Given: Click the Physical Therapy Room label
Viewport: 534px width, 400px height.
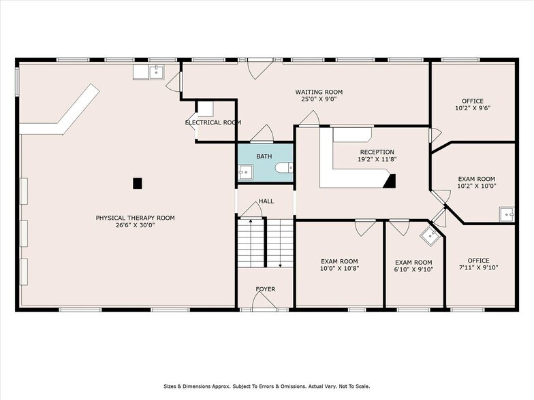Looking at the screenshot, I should [x=135, y=222].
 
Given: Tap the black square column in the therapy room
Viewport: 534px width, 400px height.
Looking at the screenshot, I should [x=138, y=183].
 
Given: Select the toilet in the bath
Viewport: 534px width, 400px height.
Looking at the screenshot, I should [x=287, y=167].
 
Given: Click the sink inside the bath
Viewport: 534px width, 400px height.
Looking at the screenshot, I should [x=245, y=172].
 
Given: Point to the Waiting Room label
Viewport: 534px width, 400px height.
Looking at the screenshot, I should [x=318, y=95].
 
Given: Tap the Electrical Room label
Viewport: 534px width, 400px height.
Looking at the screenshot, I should [x=213, y=122].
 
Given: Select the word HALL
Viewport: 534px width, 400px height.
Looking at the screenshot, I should [x=266, y=202].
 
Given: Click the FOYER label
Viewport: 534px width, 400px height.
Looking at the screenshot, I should [x=266, y=289].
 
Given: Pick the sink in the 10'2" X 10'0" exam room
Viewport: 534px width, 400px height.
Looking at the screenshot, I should [x=506, y=214].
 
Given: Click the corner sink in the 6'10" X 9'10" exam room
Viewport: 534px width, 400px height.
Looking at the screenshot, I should [x=430, y=236].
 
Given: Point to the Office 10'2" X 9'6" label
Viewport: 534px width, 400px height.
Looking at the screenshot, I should [x=472, y=104].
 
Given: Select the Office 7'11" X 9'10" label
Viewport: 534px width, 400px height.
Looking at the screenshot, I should [x=478, y=264].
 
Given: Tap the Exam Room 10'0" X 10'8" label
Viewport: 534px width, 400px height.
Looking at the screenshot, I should [x=339, y=265].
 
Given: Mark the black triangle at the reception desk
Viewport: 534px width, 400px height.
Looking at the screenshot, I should [x=390, y=180].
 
